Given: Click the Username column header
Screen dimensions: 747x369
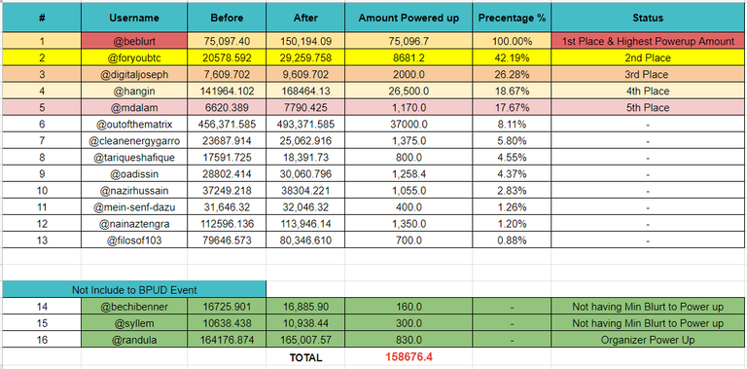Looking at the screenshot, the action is (x=134, y=18).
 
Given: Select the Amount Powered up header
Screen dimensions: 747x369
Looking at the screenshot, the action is (x=409, y=18).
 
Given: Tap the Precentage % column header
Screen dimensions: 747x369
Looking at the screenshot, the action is (x=513, y=18).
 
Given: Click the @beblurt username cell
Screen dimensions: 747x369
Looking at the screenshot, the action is (x=134, y=42).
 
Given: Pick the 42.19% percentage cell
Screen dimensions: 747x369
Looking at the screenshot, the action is (x=513, y=58).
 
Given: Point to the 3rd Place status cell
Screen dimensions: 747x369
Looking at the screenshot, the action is (x=646, y=75).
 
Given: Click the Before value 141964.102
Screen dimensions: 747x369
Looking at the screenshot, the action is (x=227, y=92).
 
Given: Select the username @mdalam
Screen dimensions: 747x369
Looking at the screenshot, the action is (x=134, y=108).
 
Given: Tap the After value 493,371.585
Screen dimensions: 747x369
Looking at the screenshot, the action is (x=305, y=125).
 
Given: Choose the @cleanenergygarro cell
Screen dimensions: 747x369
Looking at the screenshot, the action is (x=134, y=141).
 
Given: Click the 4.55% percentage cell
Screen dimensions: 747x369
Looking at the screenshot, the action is (x=513, y=158).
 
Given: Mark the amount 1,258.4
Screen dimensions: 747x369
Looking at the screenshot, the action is (x=409, y=174).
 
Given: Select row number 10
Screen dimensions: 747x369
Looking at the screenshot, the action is (x=42, y=191).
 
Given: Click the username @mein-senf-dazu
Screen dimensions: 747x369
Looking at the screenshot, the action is (x=134, y=207).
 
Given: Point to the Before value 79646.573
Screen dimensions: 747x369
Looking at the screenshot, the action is (x=227, y=240).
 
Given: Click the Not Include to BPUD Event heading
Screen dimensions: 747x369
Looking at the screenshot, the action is (x=134, y=289).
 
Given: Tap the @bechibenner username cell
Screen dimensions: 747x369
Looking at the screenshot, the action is (x=134, y=307).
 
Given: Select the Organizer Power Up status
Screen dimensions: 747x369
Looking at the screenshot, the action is (x=648, y=340).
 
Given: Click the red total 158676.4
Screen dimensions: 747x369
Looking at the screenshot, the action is (x=409, y=357).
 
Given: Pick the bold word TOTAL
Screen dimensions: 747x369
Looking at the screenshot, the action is (x=305, y=357).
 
